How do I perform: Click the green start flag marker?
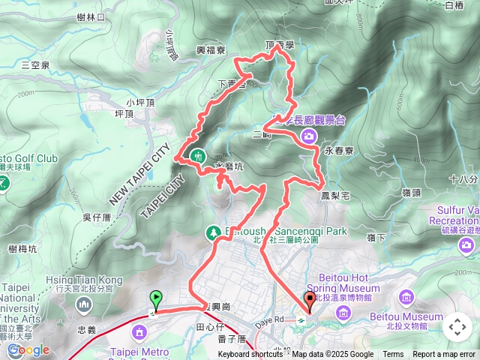155,299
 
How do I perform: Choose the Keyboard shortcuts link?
250,355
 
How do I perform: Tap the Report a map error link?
444,355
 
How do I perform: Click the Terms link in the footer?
393,355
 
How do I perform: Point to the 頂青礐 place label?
280,46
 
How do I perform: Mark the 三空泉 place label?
36,65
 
